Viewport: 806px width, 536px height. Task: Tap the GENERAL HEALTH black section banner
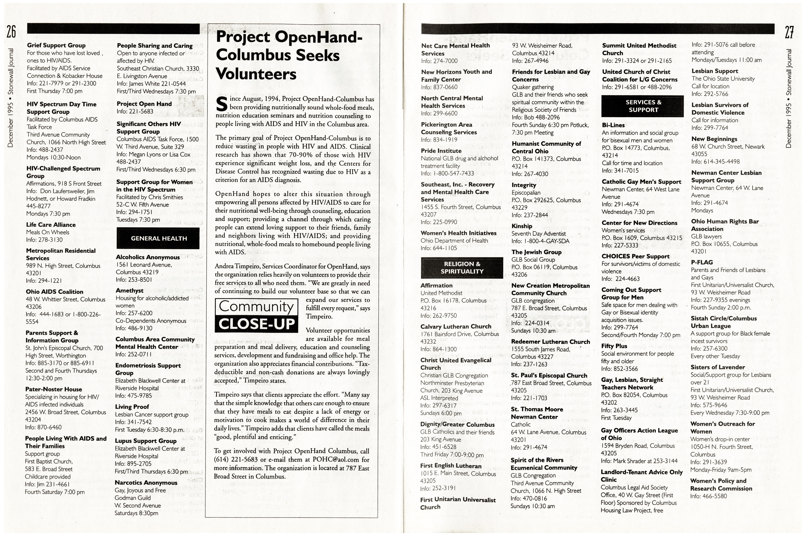[x=158, y=238]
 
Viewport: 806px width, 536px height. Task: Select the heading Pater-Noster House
[x=54, y=389]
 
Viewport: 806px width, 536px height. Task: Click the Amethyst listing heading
[x=129, y=291]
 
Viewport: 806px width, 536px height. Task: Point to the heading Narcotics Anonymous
[x=146, y=482]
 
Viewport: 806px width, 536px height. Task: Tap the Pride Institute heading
[x=441, y=151]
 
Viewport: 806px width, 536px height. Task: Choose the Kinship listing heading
[x=522, y=226]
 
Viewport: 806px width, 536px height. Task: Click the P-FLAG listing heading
[x=702, y=262]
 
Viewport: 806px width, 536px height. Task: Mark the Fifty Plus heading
[x=614, y=346]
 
